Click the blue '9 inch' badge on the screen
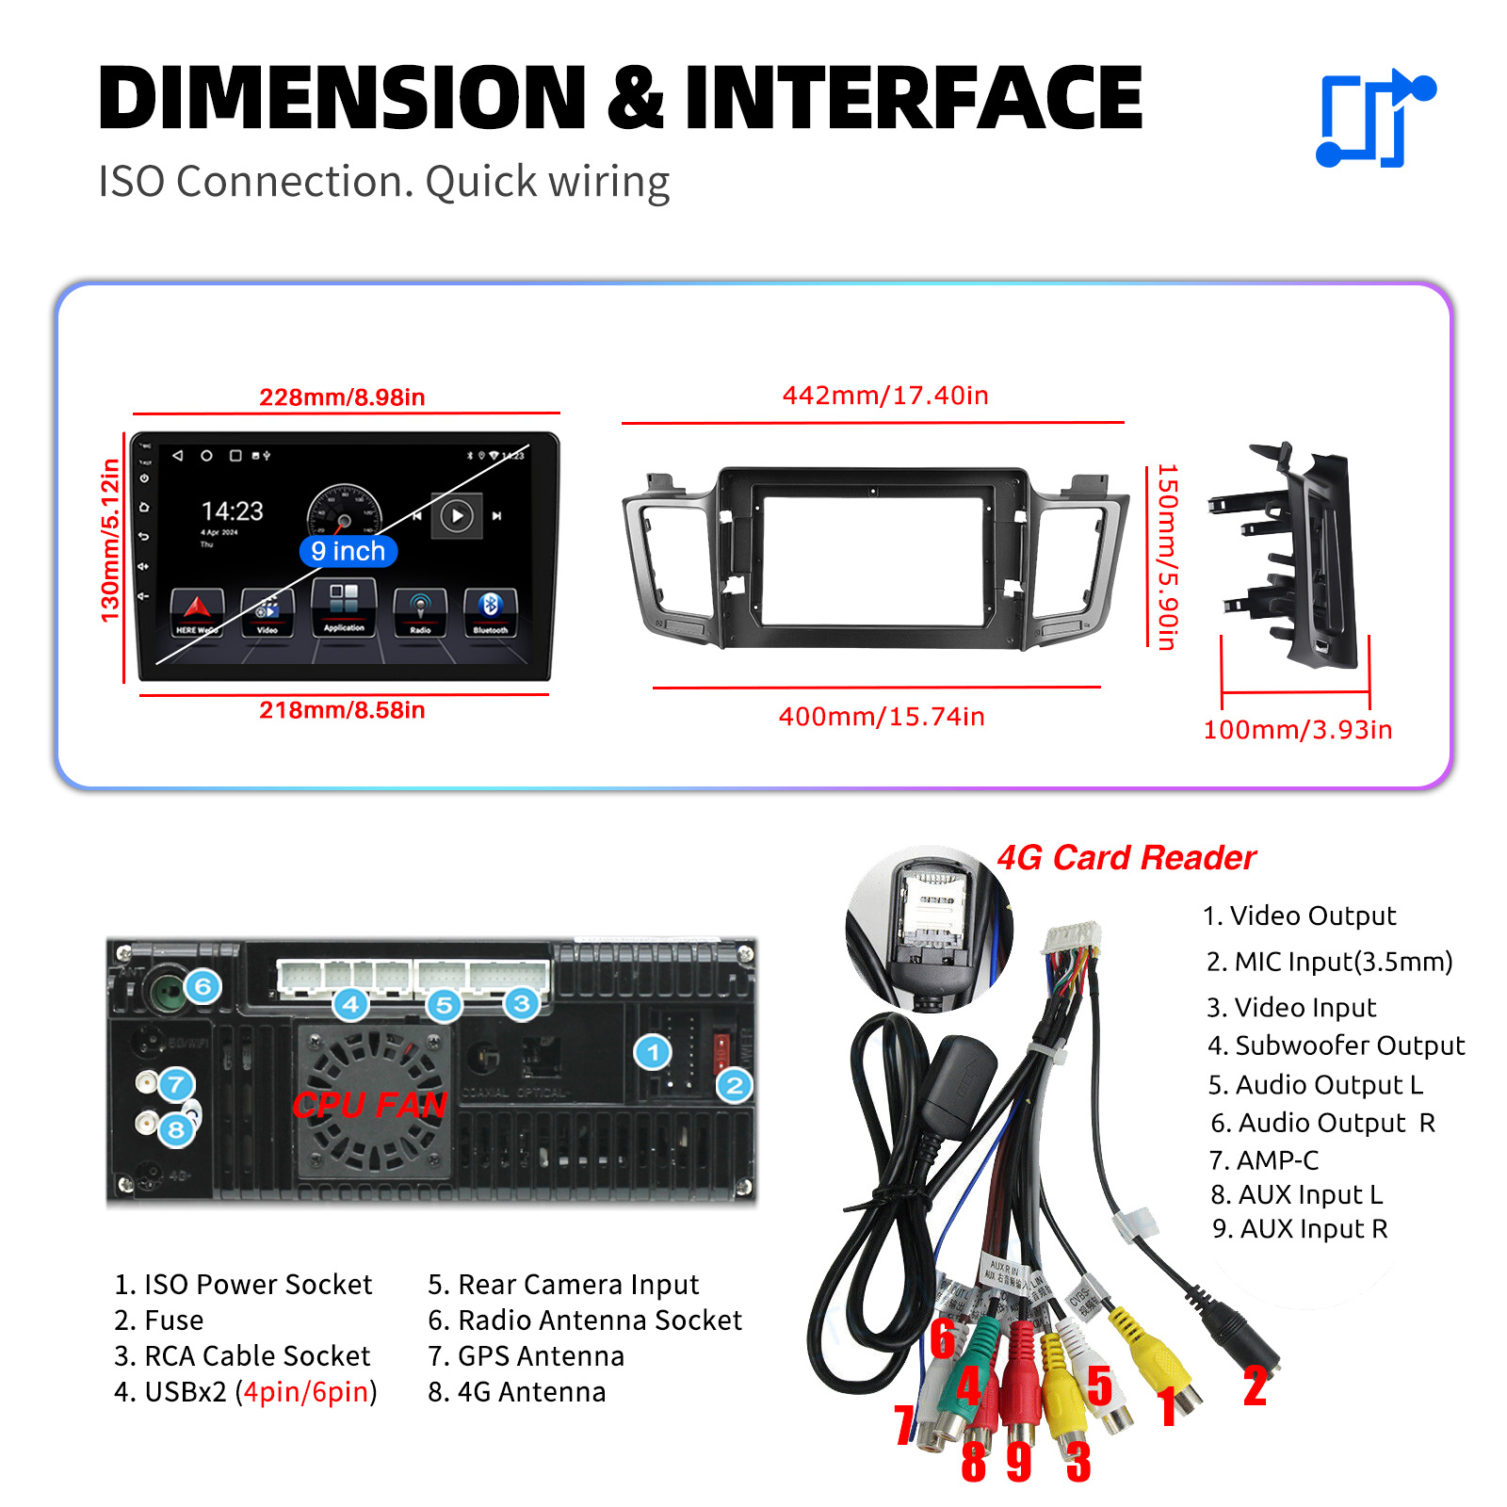[x=348, y=551]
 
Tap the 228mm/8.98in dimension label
[x=342, y=397]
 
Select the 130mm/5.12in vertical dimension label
[x=111, y=541]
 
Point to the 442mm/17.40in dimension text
[x=885, y=396]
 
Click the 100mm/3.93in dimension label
[x=1297, y=730]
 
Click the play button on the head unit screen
[x=457, y=516]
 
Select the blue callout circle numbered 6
[x=203, y=987]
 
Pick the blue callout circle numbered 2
[x=735, y=1085]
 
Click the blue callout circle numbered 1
[x=653, y=1052]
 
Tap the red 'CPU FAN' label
[x=369, y=1104]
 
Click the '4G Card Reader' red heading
[x=1126, y=858]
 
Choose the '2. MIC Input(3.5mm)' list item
[x=1329, y=962]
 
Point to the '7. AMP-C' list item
[x=1264, y=1160]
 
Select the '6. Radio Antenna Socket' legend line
[x=585, y=1321]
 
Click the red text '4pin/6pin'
[x=306, y=1392]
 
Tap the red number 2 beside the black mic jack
[x=1255, y=1386]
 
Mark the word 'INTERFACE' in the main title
[x=914, y=97]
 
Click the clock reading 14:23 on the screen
[x=233, y=511]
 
